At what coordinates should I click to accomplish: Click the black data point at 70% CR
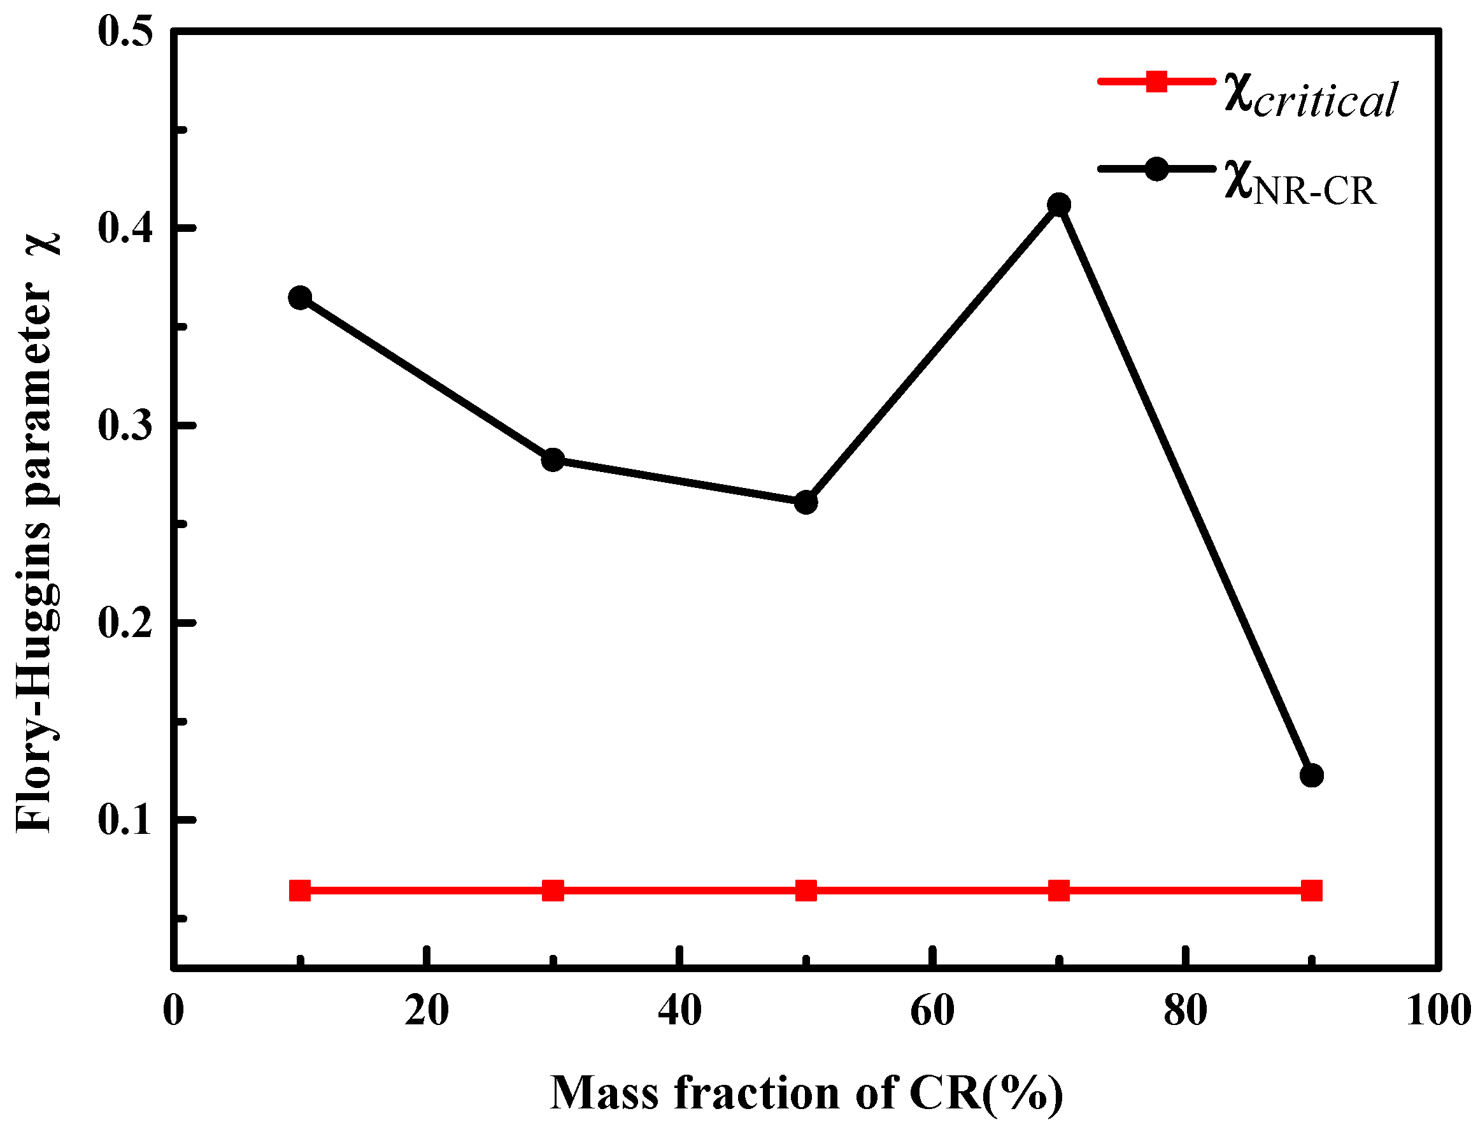[1058, 204]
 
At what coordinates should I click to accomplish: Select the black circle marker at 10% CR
[300, 297]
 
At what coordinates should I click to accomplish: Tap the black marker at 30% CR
[553, 460]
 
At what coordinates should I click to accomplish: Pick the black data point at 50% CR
[806, 502]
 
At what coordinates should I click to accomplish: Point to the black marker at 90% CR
[1311, 775]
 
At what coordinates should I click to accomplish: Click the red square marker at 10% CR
[300, 891]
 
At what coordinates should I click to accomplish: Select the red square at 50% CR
[806, 891]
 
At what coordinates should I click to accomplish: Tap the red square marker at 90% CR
[1311, 891]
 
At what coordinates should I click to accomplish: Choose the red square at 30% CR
[553, 891]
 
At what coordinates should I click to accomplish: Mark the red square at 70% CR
[1058, 891]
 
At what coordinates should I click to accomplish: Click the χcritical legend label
[1311, 99]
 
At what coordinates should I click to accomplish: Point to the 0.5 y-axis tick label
[126, 31]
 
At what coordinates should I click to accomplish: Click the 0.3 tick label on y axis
[126, 426]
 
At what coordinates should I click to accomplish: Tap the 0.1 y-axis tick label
[126, 819]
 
